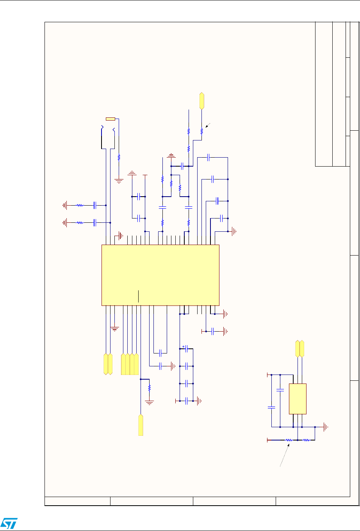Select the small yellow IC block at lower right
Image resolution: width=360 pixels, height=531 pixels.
click(x=298, y=398)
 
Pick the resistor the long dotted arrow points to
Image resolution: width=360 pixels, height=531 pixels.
click(x=289, y=440)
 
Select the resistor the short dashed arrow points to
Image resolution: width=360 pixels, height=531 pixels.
click(x=201, y=131)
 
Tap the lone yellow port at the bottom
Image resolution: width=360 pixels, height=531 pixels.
click(x=141, y=425)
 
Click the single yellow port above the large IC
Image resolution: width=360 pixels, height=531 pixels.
click(x=201, y=101)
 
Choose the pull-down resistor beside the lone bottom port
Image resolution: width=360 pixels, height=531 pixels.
click(x=150, y=388)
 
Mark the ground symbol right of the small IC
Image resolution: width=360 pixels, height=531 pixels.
click(x=325, y=427)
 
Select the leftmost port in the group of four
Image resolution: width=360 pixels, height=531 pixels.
click(x=123, y=364)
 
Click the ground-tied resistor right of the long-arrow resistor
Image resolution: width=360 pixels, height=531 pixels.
click(x=306, y=440)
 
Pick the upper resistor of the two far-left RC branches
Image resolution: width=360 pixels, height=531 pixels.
click(x=80, y=204)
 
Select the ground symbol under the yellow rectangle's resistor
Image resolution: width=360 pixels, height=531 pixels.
click(x=119, y=180)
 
